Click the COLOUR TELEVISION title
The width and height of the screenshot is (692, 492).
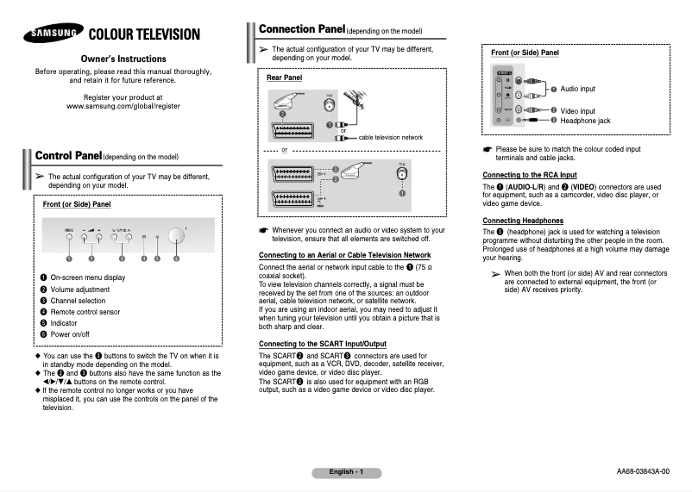[x=145, y=35]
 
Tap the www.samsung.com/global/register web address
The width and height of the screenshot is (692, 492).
[x=123, y=105]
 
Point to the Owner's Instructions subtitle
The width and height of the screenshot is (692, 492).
[x=123, y=57]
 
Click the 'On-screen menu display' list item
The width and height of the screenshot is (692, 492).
[x=87, y=277]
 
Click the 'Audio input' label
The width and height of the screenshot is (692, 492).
[x=577, y=89]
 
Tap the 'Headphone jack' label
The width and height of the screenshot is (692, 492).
[x=585, y=121]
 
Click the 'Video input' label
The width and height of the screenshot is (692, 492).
[x=577, y=111]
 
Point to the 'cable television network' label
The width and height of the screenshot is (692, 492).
[x=391, y=137]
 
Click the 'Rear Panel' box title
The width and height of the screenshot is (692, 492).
[x=284, y=78]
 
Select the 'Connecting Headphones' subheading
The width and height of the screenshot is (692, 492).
[x=523, y=221]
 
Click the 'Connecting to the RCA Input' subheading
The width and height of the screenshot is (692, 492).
[x=529, y=176]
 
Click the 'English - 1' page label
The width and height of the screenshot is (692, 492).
[x=346, y=471]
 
